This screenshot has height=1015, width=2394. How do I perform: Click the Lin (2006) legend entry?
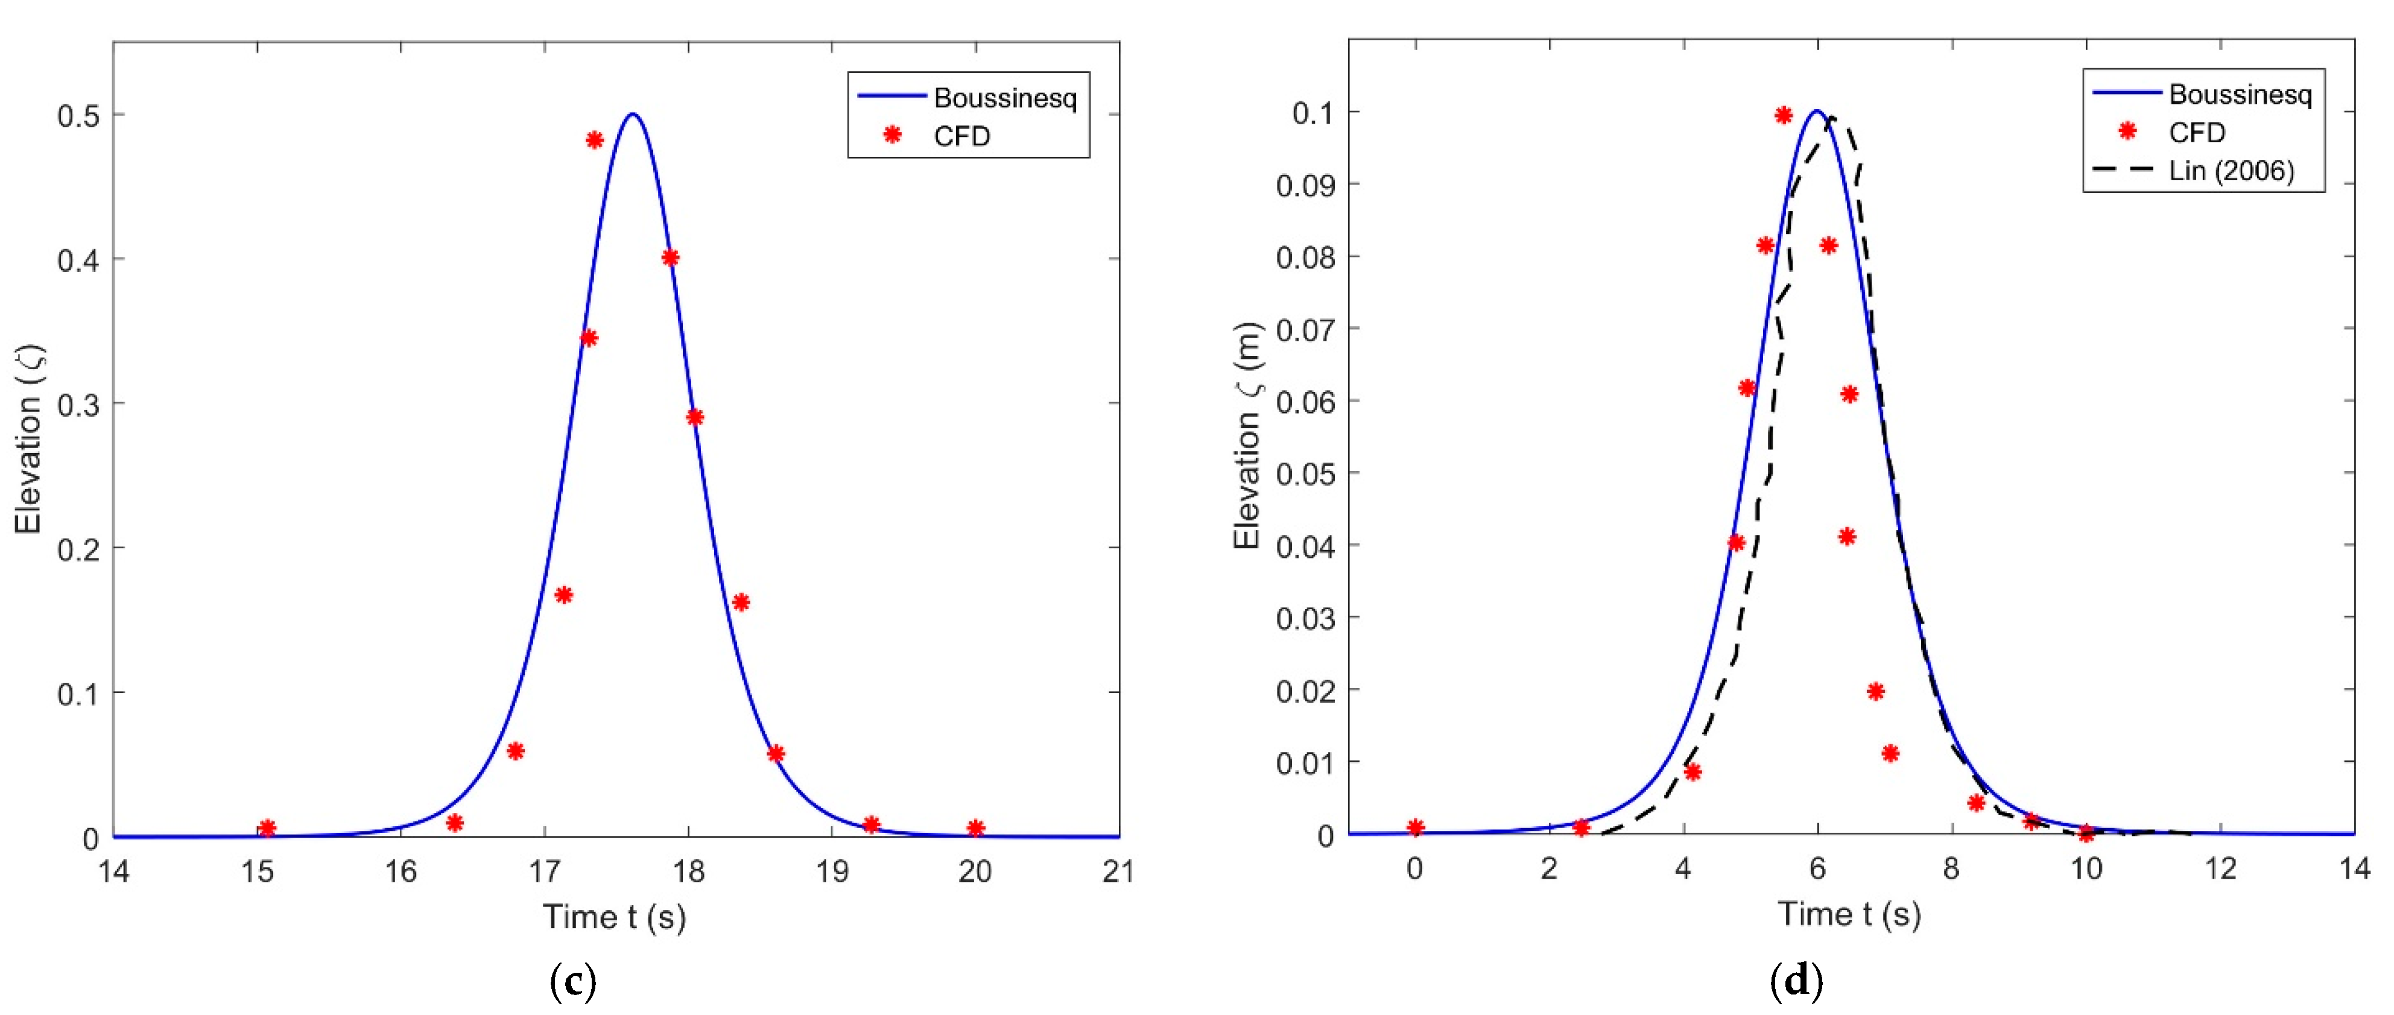(2231, 171)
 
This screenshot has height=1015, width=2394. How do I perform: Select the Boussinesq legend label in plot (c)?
(1005, 98)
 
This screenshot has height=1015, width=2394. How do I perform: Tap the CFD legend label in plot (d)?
(2196, 133)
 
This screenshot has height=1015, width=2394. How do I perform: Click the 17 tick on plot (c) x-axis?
(545, 871)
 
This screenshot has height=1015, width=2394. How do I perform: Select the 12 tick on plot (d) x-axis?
(2220, 868)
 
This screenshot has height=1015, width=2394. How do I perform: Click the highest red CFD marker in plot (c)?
(595, 141)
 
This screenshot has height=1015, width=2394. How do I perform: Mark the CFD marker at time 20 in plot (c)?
(975, 828)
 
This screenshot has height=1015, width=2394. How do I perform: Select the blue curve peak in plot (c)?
(633, 115)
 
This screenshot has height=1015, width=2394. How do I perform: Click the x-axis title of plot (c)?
(614, 917)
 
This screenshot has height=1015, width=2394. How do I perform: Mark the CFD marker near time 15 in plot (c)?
(267, 828)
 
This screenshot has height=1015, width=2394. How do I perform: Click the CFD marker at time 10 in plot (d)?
(2086, 833)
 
